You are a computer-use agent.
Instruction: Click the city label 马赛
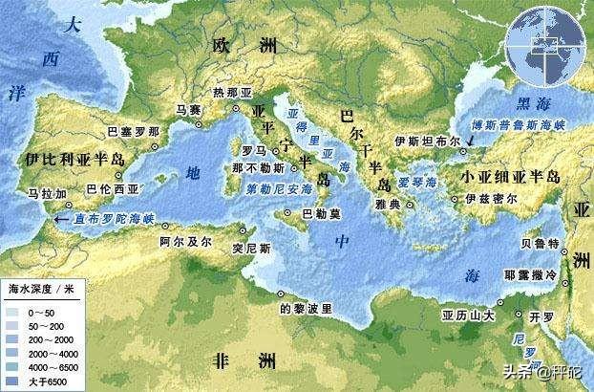tap(189, 111)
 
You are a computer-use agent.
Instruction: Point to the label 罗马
tap(252, 150)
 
